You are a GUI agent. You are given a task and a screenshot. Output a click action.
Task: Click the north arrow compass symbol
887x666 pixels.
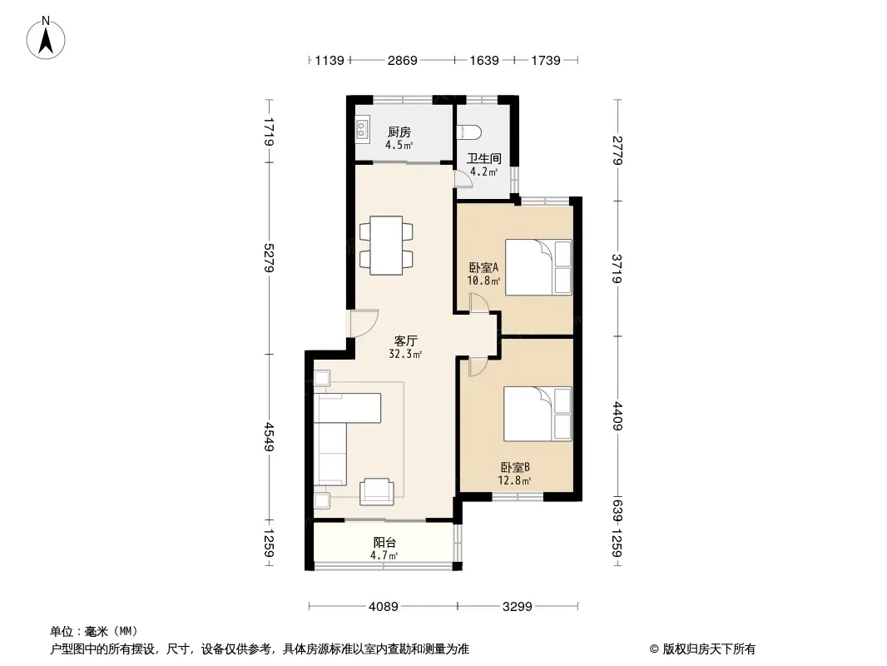coord(46,38)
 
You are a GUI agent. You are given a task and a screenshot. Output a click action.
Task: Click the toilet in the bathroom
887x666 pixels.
coord(468,132)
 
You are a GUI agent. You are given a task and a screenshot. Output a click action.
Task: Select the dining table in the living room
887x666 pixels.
coord(386,245)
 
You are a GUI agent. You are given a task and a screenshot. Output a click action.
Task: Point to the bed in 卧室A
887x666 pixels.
coord(538,267)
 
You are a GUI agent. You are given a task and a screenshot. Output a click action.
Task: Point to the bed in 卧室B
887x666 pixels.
coord(538,414)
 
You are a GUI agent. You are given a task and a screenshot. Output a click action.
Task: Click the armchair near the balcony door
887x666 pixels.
coord(377,491)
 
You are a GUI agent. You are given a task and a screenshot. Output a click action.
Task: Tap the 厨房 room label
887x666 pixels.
coord(399,132)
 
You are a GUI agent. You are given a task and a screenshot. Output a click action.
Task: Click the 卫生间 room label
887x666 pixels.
coord(483,158)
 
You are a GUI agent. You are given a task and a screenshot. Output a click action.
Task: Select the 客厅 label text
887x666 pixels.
coord(405,340)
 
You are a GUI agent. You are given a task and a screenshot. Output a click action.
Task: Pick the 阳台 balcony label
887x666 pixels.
coord(384,542)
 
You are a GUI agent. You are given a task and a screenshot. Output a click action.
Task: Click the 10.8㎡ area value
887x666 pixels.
coord(483,280)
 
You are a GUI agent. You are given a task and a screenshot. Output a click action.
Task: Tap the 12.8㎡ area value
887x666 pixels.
coord(514,481)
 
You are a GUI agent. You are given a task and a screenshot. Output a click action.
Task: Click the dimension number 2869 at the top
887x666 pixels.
coord(402,60)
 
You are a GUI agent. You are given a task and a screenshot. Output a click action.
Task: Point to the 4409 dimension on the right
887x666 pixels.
coord(617,416)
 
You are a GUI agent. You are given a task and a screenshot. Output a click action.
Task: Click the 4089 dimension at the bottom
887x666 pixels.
coord(384,607)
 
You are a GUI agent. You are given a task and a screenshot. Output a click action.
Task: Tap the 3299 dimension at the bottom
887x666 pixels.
coord(517,607)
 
